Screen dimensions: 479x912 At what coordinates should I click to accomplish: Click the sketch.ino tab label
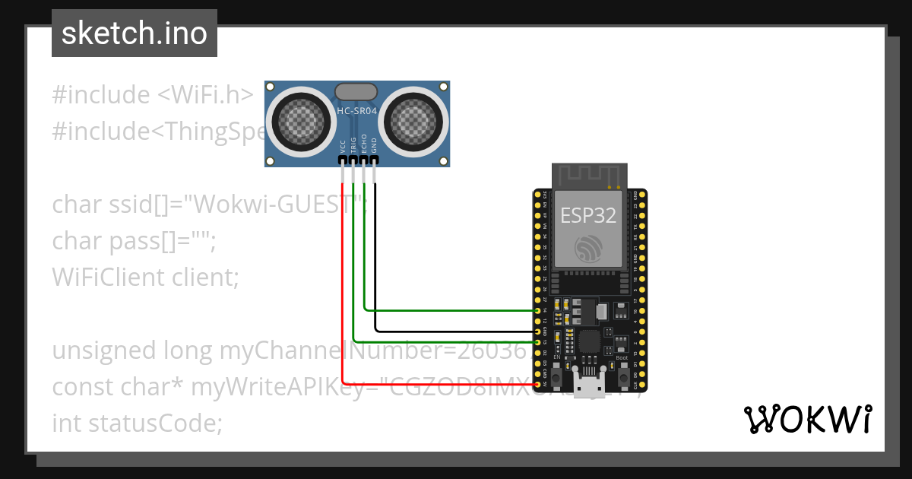pyautogui.click(x=134, y=33)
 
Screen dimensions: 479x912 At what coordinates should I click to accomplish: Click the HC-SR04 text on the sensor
pyautogui.click(x=356, y=112)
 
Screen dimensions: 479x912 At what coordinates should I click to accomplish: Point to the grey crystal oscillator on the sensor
pyautogui.click(x=356, y=92)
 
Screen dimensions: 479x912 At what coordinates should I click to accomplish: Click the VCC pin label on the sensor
pyautogui.click(x=343, y=146)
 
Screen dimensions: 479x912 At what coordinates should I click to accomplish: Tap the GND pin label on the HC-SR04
pyautogui.click(x=374, y=146)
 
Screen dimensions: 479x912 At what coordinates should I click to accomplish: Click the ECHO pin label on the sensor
pyautogui.click(x=364, y=144)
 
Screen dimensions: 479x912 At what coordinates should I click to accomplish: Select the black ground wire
pyautogui.click(x=456, y=331)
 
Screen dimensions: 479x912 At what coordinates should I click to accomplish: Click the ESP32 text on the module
pyautogui.click(x=588, y=215)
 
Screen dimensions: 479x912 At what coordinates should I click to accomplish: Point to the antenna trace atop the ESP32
pyautogui.click(x=589, y=176)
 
